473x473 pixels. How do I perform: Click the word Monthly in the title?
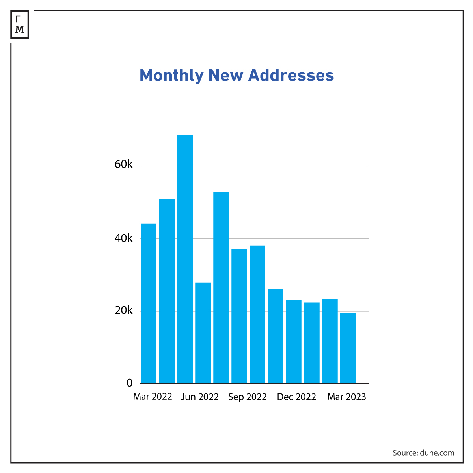pyautogui.click(x=171, y=75)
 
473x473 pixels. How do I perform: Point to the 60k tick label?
pyautogui.click(x=124, y=164)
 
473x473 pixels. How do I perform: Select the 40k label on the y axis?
pyautogui.click(x=124, y=238)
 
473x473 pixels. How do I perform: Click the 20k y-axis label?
pyautogui.click(x=124, y=311)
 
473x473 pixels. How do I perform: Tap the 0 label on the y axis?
pyautogui.click(x=129, y=383)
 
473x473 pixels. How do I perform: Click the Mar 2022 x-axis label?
pyautogui.click(x=153, y=397)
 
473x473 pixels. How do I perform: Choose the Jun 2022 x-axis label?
pyautogui.click(x=200, y=397)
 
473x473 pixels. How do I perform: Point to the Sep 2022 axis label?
pyautogui.click(x=248, y=397)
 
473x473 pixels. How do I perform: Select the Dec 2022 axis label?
pyautogui.click(x=296, y=397)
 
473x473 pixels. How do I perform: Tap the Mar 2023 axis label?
pyautogui.click(x=346, y=397)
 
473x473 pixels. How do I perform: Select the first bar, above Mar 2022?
pyautogui.click(x=149, y=304)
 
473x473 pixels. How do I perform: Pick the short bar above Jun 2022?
pyautogui.click(x=203, y=333)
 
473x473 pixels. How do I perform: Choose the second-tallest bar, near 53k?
pyautogui.click(x=221, y=287)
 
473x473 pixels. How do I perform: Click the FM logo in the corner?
pyautogui.click(x=20, y=24)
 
